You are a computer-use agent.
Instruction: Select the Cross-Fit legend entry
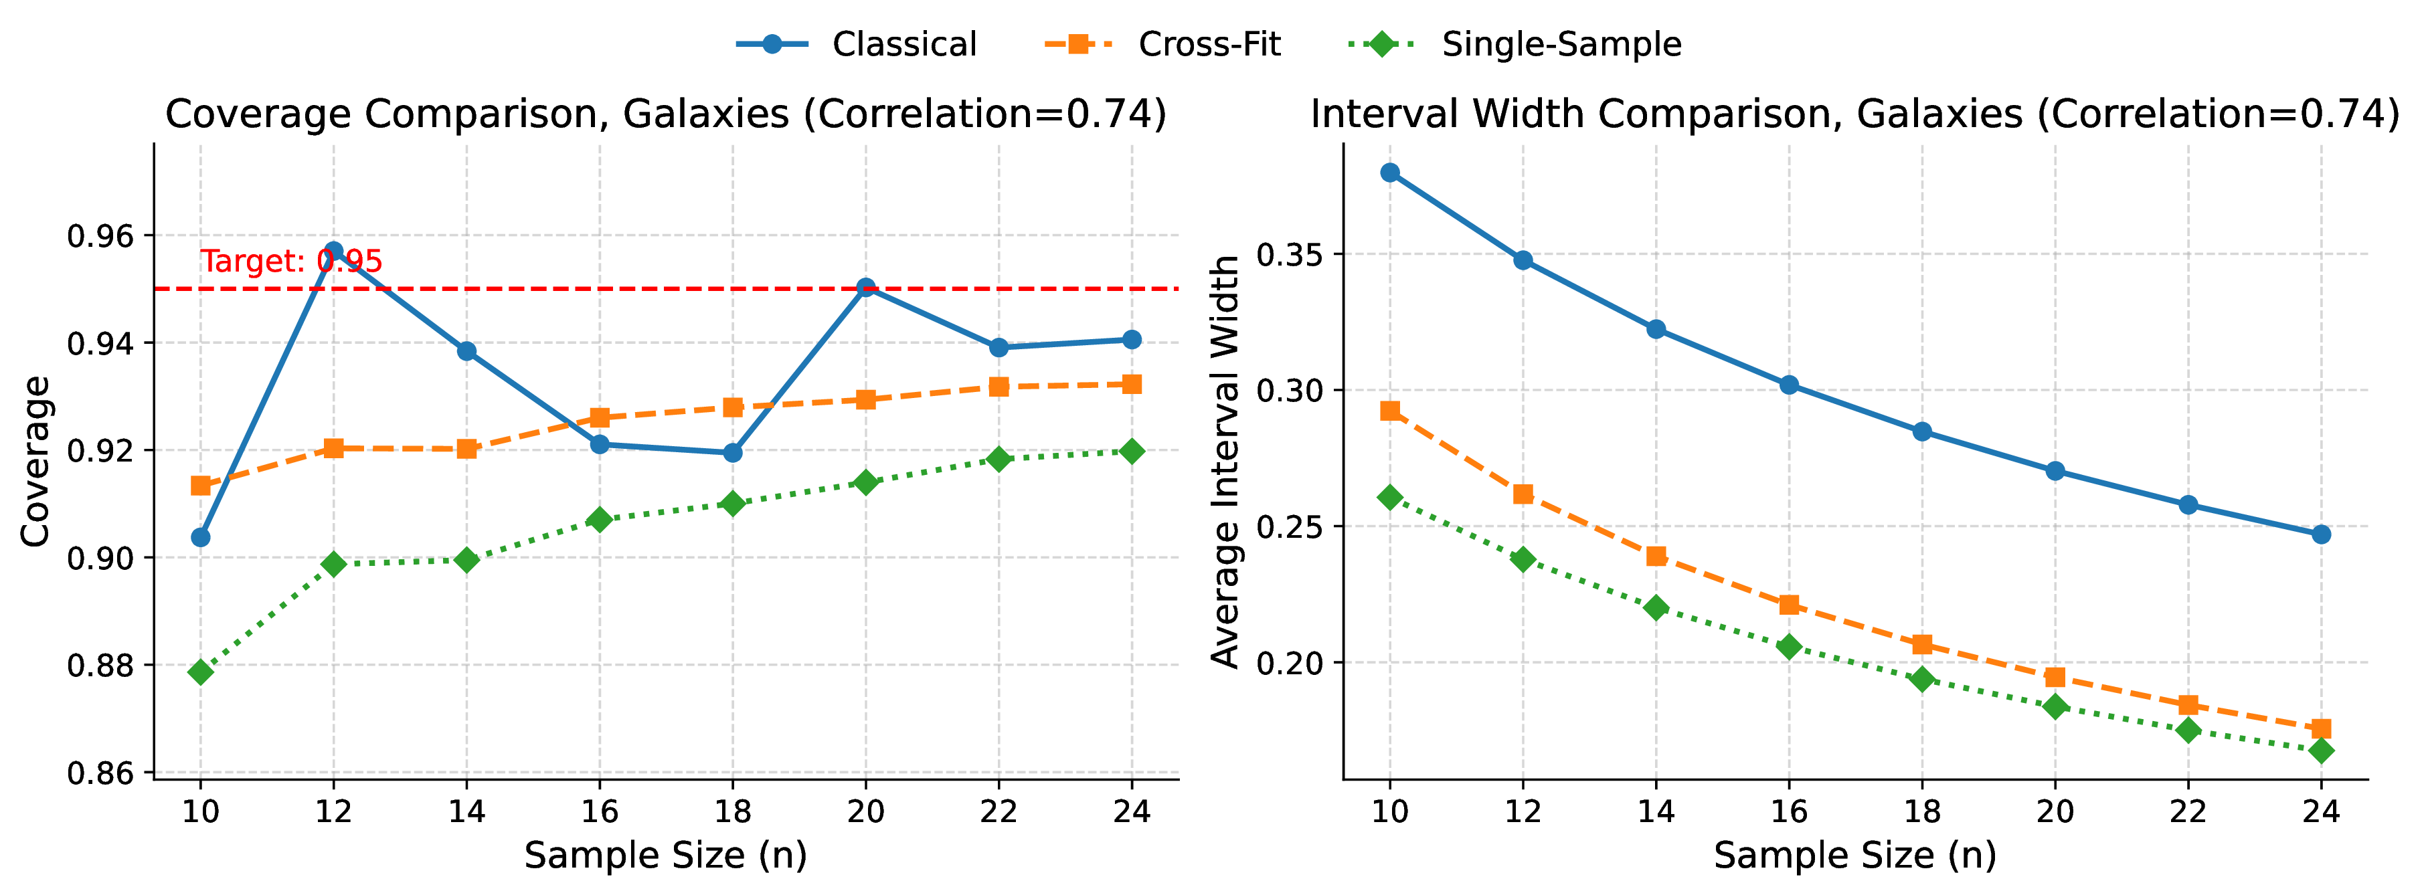[1163, 44]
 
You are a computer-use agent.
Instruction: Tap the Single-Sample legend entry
[1515, 44]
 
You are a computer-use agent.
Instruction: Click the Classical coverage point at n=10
[200, 538]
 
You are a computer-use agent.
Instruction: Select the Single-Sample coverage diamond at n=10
[200, 672]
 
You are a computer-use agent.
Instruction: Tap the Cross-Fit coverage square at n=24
[1132, 385]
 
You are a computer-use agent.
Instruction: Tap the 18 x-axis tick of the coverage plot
[732, 811]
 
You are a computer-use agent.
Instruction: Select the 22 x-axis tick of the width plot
[2188, 811]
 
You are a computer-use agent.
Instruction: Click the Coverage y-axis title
[35, 462]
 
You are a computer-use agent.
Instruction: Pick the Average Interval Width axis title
[1225, 462]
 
